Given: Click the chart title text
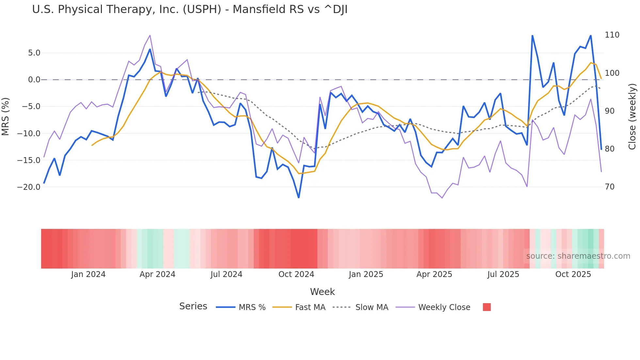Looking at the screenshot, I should click(x=190, y=9).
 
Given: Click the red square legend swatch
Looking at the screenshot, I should click(x=487, y=307).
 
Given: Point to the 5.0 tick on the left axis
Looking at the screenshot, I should click(x=34, y=53).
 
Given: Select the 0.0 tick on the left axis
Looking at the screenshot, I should click(x=34, y=80).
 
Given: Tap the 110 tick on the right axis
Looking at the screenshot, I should click(x=612, y=35).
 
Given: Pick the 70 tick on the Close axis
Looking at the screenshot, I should click(x=610, y=187).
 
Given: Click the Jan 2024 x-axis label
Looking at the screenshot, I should click(x=88, y=274).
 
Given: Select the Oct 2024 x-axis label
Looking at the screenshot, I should click(x=296, y=274).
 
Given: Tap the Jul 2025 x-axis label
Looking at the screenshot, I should click(x=503, y=274).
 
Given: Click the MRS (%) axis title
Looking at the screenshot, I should click(x=6, y=116).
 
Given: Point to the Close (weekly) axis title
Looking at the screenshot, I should click(x=632, y=116).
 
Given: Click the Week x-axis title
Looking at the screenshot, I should click(x=322, y=292).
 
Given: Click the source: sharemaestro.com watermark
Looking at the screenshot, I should click(x=578, y=256).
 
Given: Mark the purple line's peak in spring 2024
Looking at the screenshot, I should click(x=150, y=35).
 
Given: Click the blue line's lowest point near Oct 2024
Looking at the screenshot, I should click(x=298, y=198).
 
